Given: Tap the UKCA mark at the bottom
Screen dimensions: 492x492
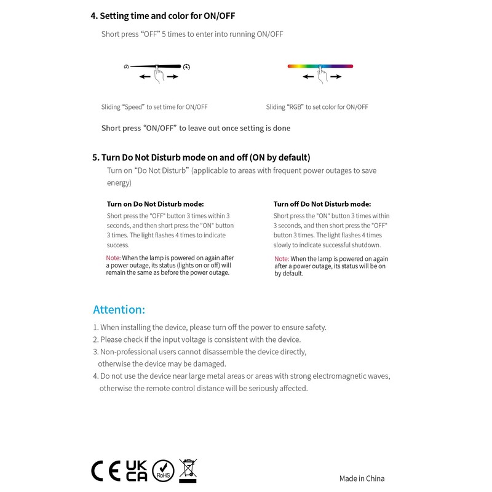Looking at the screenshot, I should pos(136,470).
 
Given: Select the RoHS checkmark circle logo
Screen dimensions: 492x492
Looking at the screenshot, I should pos(163,470).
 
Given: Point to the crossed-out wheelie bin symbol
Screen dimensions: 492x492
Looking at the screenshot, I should pos(188,470).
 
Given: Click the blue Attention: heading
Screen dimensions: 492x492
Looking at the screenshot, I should pos(119,309).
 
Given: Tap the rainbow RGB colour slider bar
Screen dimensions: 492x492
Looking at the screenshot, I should pos(320,66).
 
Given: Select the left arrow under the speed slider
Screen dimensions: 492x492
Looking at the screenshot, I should pos(145,77).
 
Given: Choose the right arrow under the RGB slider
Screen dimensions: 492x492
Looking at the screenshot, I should pos(336,77).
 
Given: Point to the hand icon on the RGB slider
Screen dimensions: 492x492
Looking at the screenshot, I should pos(321,75).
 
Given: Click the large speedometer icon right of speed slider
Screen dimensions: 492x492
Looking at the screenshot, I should pos(187,66).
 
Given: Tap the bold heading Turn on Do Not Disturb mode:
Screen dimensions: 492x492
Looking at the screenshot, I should pos(155,204).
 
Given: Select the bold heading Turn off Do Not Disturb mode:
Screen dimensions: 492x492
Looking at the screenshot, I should pos(322,204).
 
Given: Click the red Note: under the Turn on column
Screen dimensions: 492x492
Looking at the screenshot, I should pos(113,258).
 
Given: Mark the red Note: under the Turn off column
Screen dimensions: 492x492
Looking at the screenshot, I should pos(281,259).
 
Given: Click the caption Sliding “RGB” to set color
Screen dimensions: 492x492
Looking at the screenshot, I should pos(317,107).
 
